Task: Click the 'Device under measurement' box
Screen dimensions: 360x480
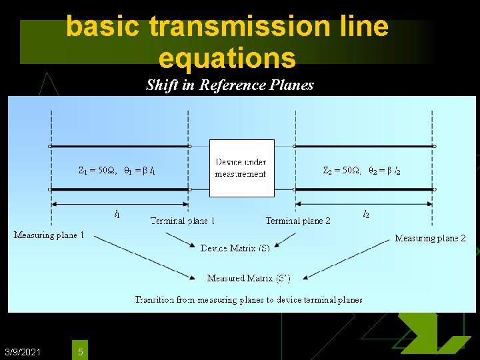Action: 241,168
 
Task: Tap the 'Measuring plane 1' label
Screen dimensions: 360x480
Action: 49,235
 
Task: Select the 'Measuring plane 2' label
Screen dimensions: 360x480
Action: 430,238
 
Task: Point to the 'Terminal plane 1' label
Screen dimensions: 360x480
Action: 182,221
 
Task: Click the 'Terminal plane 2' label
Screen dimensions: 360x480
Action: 298,221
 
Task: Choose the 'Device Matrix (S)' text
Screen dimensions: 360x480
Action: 235,248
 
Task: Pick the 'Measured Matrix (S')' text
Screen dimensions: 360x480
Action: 248,278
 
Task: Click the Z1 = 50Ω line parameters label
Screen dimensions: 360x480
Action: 117,171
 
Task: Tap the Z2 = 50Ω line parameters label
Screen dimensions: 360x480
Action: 361,171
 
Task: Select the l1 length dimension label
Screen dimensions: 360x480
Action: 117,214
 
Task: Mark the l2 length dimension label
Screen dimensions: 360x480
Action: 366,214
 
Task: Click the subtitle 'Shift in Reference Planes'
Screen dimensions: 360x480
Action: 229,85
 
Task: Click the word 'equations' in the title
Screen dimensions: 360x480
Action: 227,58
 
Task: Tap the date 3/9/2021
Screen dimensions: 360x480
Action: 22,351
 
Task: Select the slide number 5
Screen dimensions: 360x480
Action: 80,351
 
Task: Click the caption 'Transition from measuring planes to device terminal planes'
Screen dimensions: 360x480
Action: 248,300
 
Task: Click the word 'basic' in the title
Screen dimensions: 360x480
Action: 104,27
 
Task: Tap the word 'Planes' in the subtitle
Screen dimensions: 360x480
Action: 291,85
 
